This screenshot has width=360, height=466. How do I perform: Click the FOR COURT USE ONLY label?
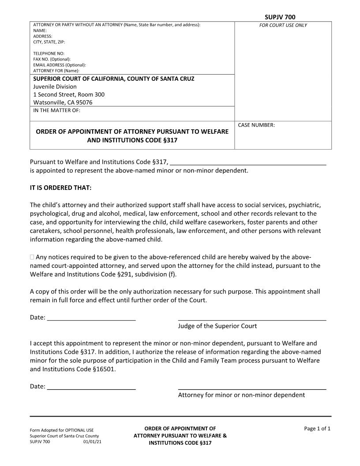283,25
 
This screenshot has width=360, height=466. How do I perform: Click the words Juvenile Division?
55,86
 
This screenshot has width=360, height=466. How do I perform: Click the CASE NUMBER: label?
256,125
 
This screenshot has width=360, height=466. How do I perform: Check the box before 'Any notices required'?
32,257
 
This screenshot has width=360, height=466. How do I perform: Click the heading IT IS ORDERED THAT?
60,188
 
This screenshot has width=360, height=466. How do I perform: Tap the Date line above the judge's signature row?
91,318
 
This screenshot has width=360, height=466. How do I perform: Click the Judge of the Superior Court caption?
217,326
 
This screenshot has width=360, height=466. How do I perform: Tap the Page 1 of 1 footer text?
317,428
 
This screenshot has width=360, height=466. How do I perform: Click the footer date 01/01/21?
92,441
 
